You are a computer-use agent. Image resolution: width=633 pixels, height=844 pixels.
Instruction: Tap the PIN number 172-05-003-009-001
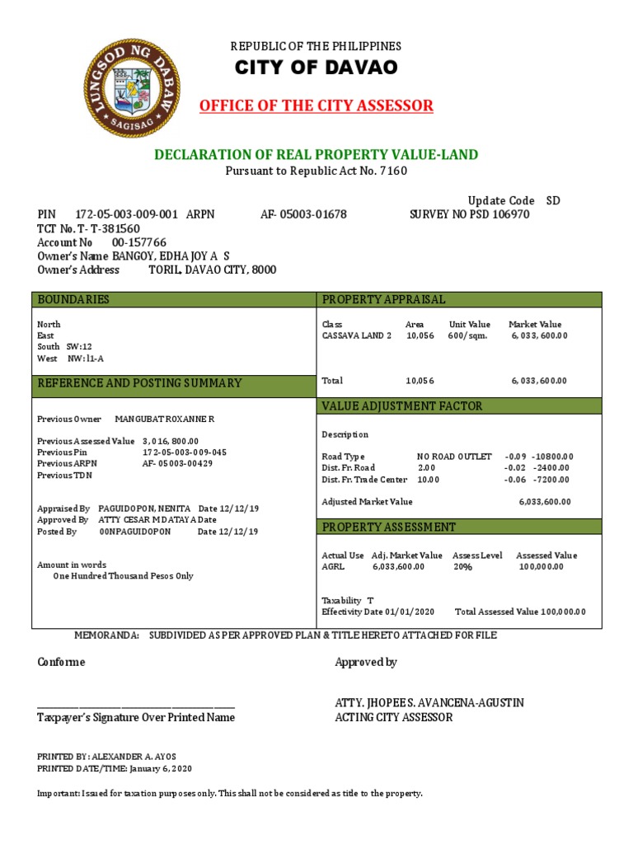[126, 214]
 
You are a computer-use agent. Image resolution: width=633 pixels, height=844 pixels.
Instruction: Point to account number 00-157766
[138, 242]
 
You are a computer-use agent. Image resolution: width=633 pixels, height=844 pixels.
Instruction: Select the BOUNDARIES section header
[73, 299]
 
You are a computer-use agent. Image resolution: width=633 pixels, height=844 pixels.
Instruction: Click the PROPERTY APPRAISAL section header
[383, 299]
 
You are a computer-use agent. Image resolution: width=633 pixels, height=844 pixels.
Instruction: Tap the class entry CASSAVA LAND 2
[357, 336]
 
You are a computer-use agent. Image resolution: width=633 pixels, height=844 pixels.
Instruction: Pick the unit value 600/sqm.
[467, 336]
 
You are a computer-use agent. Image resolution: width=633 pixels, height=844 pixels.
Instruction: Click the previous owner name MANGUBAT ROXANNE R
[164, 420]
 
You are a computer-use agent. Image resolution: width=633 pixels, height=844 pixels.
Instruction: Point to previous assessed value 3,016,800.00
[171, 441]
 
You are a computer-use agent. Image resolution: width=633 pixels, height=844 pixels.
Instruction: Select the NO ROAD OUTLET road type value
[454, 457]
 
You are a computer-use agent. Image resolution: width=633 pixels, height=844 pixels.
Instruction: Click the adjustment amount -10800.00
[552, 457]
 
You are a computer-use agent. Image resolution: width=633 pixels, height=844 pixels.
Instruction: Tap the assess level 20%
[462, 567]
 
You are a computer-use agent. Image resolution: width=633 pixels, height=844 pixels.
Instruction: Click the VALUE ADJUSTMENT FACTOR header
[401, 406]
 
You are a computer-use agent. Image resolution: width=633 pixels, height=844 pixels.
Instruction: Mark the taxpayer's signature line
[136, 706]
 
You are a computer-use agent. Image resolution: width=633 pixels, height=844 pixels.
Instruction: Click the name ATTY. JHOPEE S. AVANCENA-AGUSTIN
[429, 703]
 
